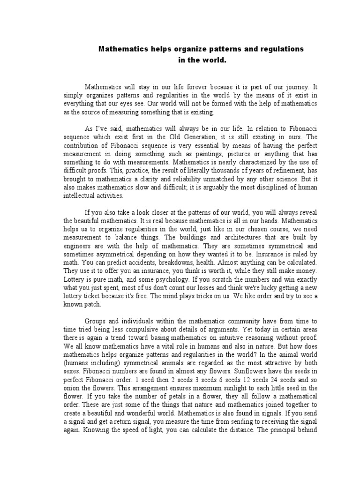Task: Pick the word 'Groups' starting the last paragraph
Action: point(96,321)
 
